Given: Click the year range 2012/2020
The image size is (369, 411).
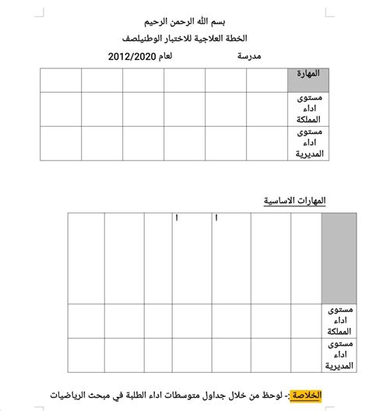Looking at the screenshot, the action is coord(132,57).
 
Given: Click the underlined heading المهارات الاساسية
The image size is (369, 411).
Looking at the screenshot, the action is coord(294,201).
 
